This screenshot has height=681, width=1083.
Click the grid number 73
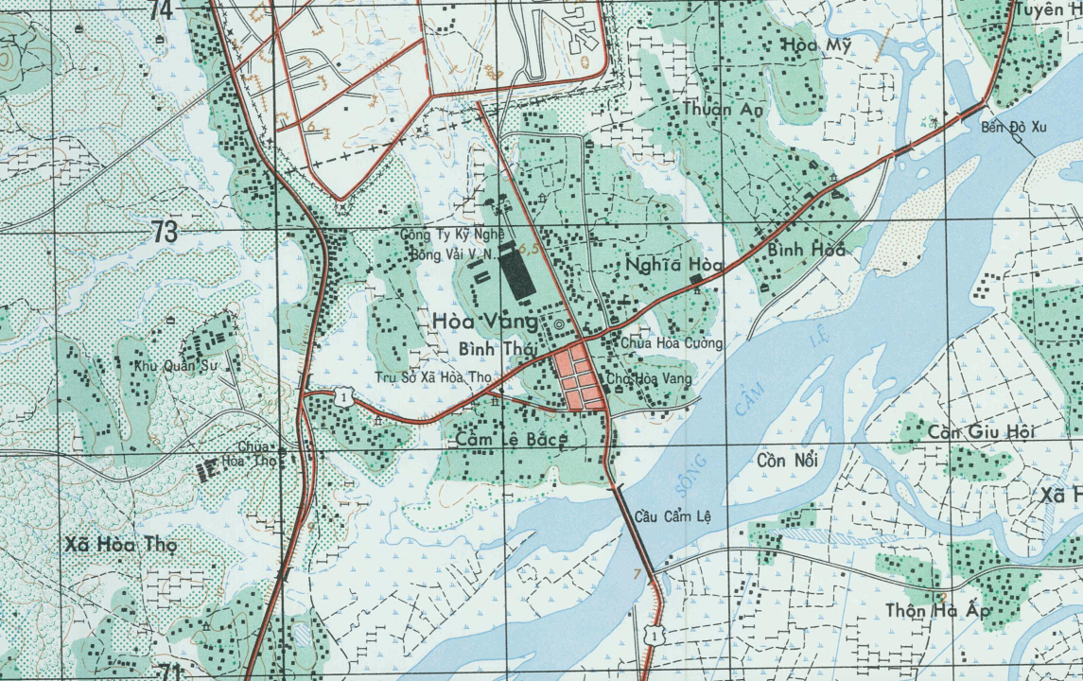(165, 232)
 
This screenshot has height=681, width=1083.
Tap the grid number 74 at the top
(162, 10)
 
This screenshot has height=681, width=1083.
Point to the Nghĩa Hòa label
(674, 267)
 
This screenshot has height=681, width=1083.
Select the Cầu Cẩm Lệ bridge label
(672, 517)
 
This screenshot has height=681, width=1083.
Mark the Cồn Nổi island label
(788, 461)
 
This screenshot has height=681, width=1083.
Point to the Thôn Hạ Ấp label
(936, 611)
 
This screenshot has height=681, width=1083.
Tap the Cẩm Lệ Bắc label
(511, 440)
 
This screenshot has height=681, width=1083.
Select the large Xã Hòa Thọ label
(121, 545)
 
